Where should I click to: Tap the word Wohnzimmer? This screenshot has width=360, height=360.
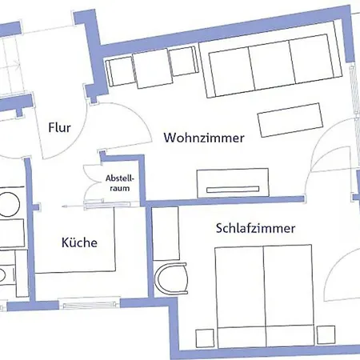(x=204, y=138)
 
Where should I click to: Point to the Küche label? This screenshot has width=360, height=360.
(x=80, y=242)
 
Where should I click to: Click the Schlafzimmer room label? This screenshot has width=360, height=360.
(x=256, y=228)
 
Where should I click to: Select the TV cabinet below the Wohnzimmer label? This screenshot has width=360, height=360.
(x=232, y=182)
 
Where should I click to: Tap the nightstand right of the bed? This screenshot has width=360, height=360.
(x=326, y=334)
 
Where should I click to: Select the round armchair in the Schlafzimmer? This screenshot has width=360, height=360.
(x=174, y=279)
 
